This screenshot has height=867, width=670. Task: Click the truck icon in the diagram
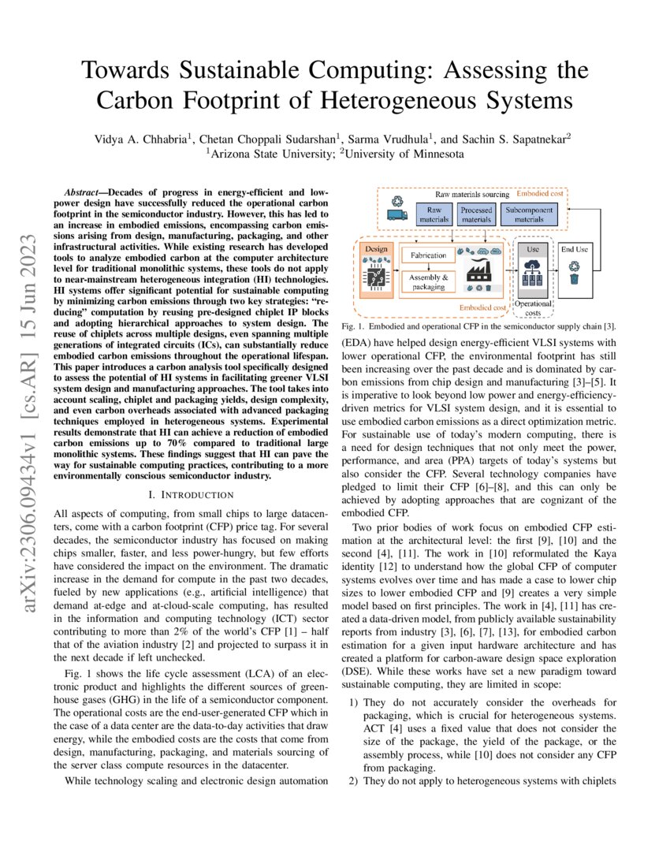(x=397, y=214)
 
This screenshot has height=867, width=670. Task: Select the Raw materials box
(x=434, y=214)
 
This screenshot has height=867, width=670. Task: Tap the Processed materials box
(x=476, y=214)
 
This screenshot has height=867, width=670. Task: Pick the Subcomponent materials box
(x=529, y=214)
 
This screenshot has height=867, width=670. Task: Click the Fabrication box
(x=427, y=255)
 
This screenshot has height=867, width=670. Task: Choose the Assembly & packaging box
(x=427, y=282)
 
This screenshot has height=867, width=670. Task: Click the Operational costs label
(x=533, y=308)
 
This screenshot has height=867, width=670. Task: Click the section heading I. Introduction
(x=196, y=494)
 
